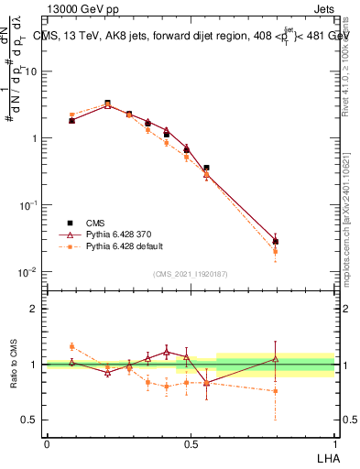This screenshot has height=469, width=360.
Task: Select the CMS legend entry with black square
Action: (93, 223)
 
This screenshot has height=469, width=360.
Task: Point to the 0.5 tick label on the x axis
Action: (191, 442)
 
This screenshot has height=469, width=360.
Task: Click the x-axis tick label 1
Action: (334, 442)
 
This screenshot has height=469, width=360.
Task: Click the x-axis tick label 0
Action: (47, 442)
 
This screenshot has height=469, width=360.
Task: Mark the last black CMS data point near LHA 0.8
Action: (276, 242)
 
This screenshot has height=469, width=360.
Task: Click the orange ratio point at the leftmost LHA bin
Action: (72, 346)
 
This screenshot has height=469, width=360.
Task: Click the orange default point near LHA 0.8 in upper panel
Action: (276, 251)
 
